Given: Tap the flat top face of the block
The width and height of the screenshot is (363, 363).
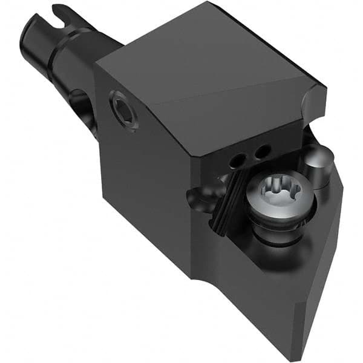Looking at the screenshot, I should click(200, 67).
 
